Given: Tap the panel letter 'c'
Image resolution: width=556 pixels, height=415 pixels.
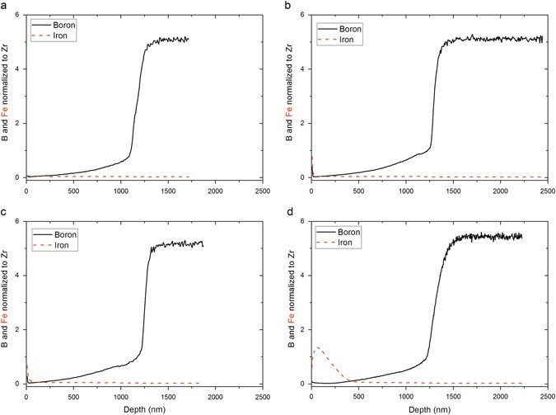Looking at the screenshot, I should [x=5, y=213].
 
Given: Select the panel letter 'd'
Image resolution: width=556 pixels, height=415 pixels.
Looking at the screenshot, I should [x=287, y=213].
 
